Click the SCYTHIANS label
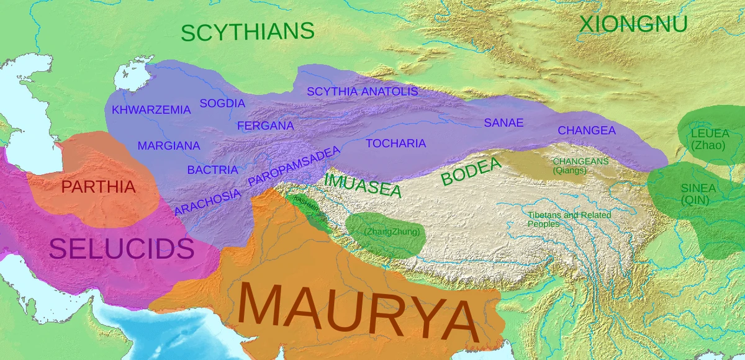pyautogui.click(x=247, y=32)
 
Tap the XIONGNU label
pyautogui.click(x=633, y=24)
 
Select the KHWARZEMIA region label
pyautogui.click(x=151, y=110)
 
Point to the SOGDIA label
pyautogui.click(x=222, y=103)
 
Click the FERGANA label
pyautogui.click(x=265, y=125)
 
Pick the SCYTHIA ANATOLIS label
pyautogui.click(x=362, y=92)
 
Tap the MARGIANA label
pyautogui.click(x=169, y=146)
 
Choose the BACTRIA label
pyautogui.click(x=212, y=169)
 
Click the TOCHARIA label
pyautogui.click(x=395, y=143)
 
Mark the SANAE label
pyautogui.click(x=503, y=123)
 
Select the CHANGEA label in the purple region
pyautogui.click(x=586, y=130)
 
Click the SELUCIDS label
pyautogui.click(x=121, y=249)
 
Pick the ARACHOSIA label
pyautogui.click(x=207, y=202)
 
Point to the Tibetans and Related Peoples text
pyautogui.click(x=569, y=219)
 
